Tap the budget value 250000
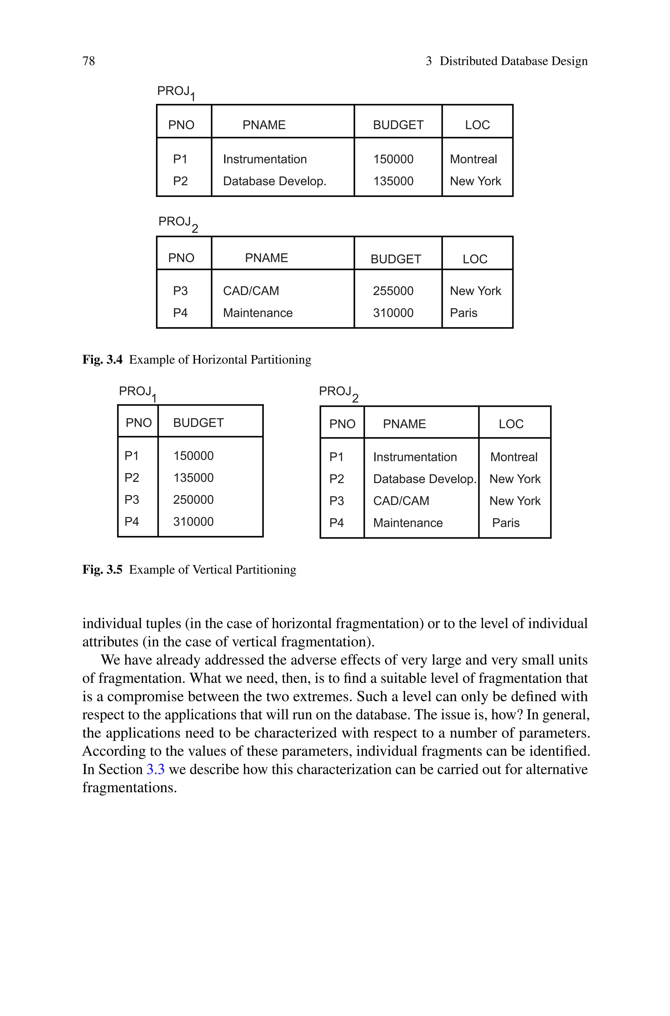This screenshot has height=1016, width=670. [193, 499]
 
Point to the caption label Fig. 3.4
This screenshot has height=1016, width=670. [102, 360]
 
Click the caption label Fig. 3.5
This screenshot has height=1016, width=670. [102, 570]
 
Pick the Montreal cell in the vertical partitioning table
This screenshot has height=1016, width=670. [514, 457]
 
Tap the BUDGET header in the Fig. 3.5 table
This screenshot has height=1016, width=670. [198, 423]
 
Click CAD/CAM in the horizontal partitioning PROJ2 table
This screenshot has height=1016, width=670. [251, 291]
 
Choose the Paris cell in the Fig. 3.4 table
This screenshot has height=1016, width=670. [463, 313]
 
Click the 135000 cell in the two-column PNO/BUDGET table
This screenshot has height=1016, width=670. [193, 478]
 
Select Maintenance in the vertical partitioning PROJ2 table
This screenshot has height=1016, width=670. [408, 523]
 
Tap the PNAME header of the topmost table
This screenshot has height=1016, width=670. [264, 125]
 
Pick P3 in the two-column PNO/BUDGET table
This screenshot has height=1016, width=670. [132, 499]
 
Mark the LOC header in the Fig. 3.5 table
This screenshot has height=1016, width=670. [511, 424]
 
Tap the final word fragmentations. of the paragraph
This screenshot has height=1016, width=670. [130, 787]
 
